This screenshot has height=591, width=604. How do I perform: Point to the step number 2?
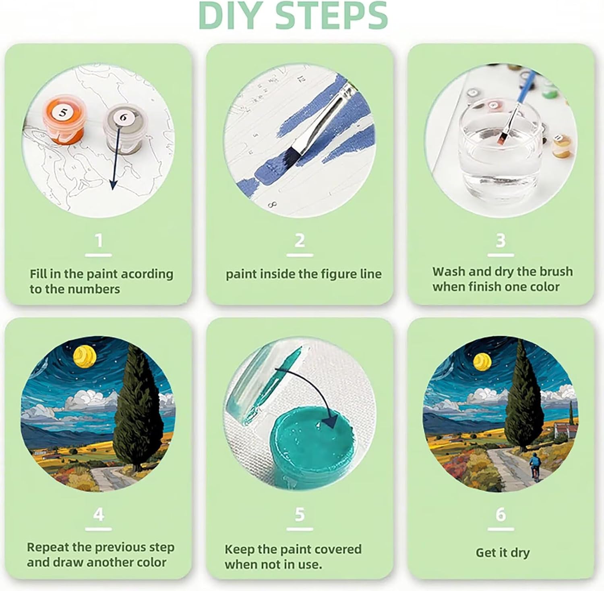tap(300, 241)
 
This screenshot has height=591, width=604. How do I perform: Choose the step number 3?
tap(501, 241)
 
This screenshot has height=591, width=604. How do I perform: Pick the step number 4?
tap(99, 514)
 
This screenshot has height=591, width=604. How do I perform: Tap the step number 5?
tap(300, 514)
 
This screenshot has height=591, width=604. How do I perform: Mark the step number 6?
tap(501, 514)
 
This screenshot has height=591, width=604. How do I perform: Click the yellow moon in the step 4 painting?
tap(85, 356)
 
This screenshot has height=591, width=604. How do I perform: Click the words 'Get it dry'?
tap(503, 552)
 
